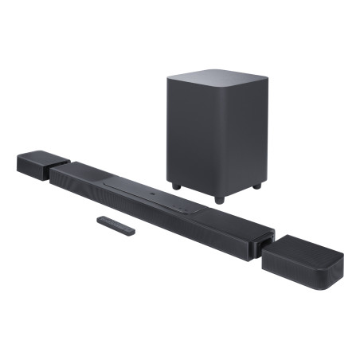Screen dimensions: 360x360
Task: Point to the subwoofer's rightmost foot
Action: pos(256,186)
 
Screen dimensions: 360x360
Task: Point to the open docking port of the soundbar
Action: pos(260,242)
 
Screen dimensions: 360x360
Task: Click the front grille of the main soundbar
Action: pos(143,203)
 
